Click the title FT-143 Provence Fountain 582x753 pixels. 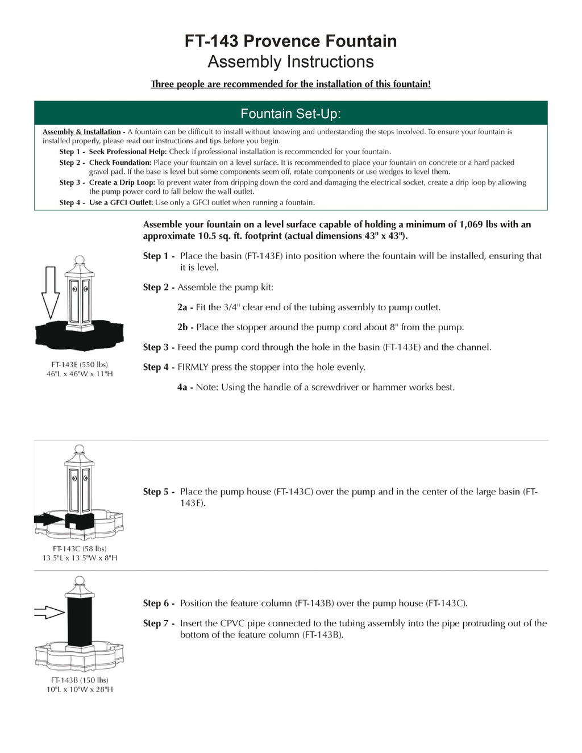click(x=290, y=41)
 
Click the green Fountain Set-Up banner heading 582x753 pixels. click(x=290, y=114)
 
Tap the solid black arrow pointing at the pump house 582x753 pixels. click(x=48, y=519)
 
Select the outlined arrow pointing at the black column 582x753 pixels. click(x=49, y=612)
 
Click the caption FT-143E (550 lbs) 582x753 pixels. click(x=80, y=365)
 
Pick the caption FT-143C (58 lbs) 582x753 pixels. click(x=80, y=549)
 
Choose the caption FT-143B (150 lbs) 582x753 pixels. click(x=80, y=680)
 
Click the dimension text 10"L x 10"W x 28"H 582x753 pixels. click(x=80, y=689)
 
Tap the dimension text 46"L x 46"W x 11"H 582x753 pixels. click(x=80, y=374)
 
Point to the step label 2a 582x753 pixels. click(x=182, y=307)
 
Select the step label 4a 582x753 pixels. click(x=182, y=388)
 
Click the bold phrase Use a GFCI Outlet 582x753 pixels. click(x=120, y=202)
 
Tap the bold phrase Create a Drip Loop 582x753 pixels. click(x=122, y=182)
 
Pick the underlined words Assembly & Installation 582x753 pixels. click(x=82, y=132)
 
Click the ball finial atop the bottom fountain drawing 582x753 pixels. click(x=80, y=581)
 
